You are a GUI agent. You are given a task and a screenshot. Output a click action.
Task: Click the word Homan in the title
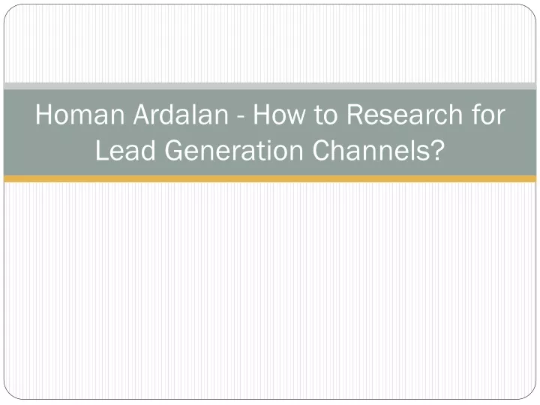[x=80, y=114]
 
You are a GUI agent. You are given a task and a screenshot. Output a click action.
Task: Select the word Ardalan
[x=181, y=114]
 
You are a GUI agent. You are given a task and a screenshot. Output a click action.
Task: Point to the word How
[x=279, y=114]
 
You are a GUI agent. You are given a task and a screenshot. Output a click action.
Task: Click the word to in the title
[x=325, y=115]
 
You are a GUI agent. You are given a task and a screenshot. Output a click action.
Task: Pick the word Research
[x=404, y=114]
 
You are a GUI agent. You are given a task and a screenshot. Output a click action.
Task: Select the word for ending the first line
[x=487, y=114]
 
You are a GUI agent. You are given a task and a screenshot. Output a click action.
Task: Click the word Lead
[x=125, y=150]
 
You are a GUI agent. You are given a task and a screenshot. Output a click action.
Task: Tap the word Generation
[x=234, y=150]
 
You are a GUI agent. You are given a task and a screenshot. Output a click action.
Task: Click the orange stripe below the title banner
[x=270, y=178]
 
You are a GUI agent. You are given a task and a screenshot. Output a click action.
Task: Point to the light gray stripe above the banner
[x=270, y=86]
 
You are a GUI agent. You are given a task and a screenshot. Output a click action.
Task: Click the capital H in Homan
[x=44, y=114]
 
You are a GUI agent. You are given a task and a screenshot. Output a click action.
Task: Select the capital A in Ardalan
[x=142, y=114]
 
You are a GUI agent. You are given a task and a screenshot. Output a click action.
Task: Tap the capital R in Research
[x=355, y=114]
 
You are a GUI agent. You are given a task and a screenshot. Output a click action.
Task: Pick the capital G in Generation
[x=175, y=150]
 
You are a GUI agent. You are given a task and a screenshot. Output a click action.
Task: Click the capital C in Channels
[x=322, y=150]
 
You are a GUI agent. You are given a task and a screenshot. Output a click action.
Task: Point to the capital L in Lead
[x=102, y=150]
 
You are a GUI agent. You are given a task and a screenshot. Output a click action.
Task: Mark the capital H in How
[x=262, y=114]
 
